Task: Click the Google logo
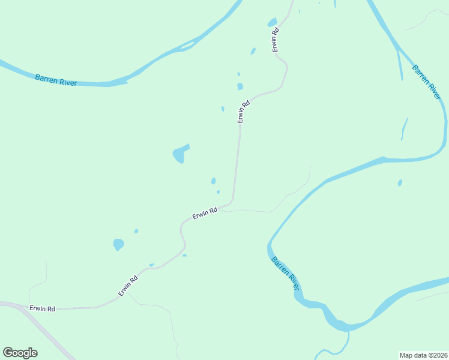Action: (20, 353)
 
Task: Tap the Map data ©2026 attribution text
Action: (423, 355)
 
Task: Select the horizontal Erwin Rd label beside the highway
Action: (42, 308)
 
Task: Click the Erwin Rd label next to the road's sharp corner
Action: (204, 214)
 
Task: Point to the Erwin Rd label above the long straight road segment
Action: (243, 112)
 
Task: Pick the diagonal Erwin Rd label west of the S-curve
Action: (128, 285)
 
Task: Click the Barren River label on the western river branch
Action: (56, 80)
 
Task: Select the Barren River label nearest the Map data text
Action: (285, 274)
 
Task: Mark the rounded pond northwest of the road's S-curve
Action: (118, 244)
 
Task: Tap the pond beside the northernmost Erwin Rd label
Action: (272, 23)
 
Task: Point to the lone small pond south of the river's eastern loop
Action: (400, 182)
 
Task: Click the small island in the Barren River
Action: (187, 46)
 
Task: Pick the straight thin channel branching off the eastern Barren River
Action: (399, 63)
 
